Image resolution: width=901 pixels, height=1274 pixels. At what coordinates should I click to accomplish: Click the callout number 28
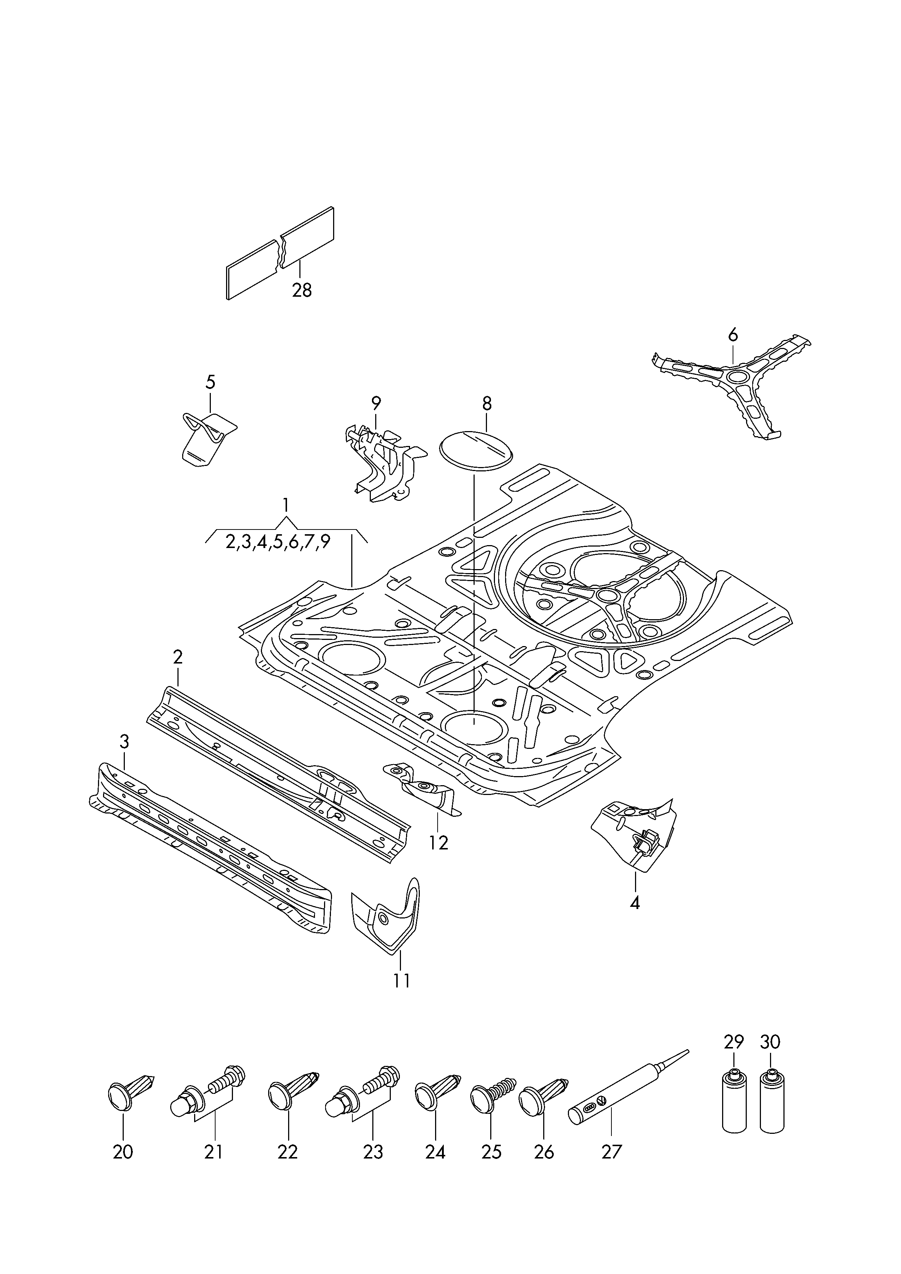302,290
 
